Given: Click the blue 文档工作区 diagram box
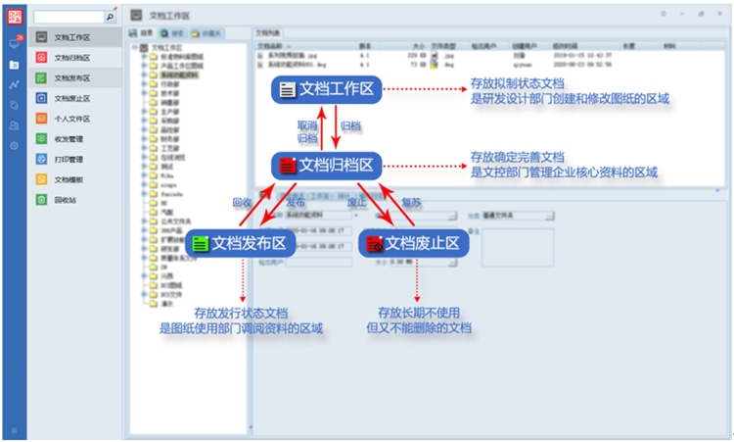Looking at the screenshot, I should click(x=326, y=89).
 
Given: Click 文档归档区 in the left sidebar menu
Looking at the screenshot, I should click(x=72, y=58).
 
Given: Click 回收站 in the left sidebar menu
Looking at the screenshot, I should click(x=66, y=200).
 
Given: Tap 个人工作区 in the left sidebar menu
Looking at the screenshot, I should click(x=72, y=119).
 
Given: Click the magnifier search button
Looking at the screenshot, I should click(x=110, y=17).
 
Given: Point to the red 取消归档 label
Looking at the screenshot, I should click(x=306, y=132).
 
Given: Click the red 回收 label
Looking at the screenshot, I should click(x=242, y=202).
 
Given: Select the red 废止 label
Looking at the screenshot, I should click(x=356, y=202).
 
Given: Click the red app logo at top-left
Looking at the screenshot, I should click(x=14, y=17).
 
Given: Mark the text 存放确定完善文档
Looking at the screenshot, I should click(x=518, y=157).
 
